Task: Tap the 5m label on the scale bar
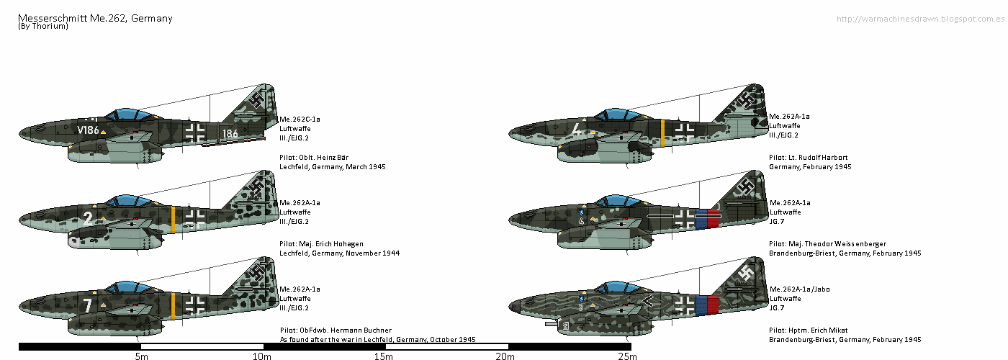(141, 356)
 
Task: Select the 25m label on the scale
(627, 356)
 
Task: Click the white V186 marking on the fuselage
(88, 130)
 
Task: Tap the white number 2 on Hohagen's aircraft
(87, 217)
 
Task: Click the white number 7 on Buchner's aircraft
(87, 305)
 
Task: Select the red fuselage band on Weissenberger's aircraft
(714, 218)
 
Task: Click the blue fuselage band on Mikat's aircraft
(701, 305)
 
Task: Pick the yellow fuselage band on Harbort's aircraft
(662, 132)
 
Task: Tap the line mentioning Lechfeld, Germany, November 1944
(338, 253)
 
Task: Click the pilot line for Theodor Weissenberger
(827, 243)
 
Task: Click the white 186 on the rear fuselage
(230, 133)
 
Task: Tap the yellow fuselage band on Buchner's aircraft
(174, 306)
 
